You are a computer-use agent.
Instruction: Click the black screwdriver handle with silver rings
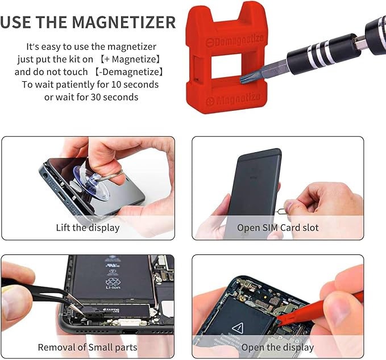coord(330,48)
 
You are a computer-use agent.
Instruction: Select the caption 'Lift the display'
coord(88,228)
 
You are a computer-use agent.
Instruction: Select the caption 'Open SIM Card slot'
coord(278,228)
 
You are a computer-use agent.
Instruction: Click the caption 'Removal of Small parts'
coord(88,346)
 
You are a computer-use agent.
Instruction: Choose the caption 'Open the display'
coord(277,346)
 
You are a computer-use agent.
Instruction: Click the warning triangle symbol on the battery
coord(237,327)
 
